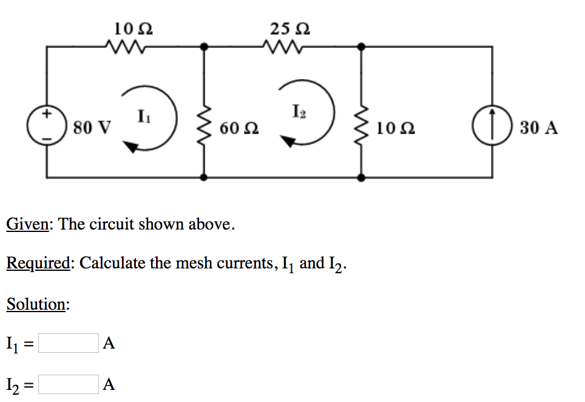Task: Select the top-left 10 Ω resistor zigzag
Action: click(126, 46)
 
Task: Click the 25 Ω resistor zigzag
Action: click(283, 46)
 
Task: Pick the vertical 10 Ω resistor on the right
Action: click(362, 128)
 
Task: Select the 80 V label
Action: click(92, 128)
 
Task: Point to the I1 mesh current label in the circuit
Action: click(142, 114)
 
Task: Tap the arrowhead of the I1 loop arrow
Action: click(130, 146)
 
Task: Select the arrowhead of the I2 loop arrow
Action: click(288, 141)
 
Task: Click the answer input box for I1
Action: click(68, 344)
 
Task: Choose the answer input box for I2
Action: click(68, 384)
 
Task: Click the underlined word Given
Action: click(27, 224)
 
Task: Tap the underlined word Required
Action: click(38, 264)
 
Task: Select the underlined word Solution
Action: click(36, 304)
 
